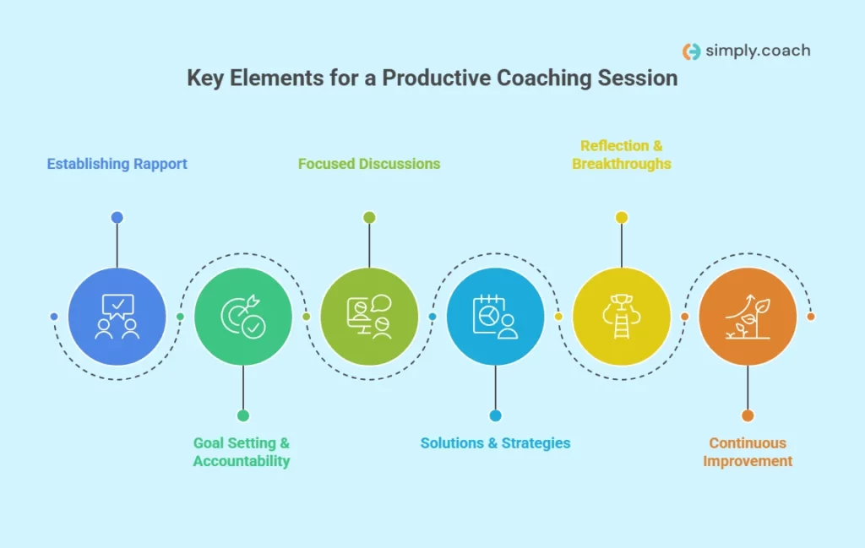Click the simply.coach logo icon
(x=692, y=52)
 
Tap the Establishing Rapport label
(x=117, y=164)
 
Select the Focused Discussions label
(x=369, y=164)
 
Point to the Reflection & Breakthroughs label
(x=621, y=155)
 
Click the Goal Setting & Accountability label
(x=242, y=452)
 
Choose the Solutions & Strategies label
(x=495, y=443)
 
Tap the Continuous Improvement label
(x=748, y=452)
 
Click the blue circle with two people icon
(x=117, y=317)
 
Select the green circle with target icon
(x=243, y=317)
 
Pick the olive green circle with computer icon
(x=369, y=317)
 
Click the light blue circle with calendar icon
(x=495, y=317)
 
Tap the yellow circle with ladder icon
(x=622, y=317)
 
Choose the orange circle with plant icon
(x=748, y=317)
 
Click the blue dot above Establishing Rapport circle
(x=117, y=217)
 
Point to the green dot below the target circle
(x=243, y=415)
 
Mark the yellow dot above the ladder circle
(x=622, y=217)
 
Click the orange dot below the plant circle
(x=748, y=415)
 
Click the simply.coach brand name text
(x=758, y=51)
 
